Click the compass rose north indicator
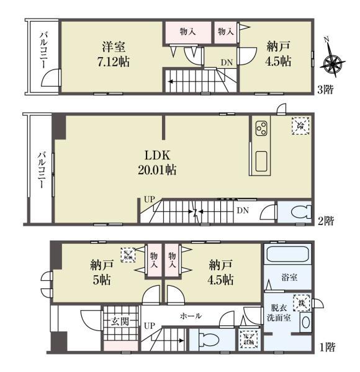333,61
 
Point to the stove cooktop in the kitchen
261,129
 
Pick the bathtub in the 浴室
287,255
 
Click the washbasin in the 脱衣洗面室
305,322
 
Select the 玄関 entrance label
119,321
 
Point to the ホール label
190,316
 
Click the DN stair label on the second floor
243,211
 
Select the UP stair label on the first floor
149,325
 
